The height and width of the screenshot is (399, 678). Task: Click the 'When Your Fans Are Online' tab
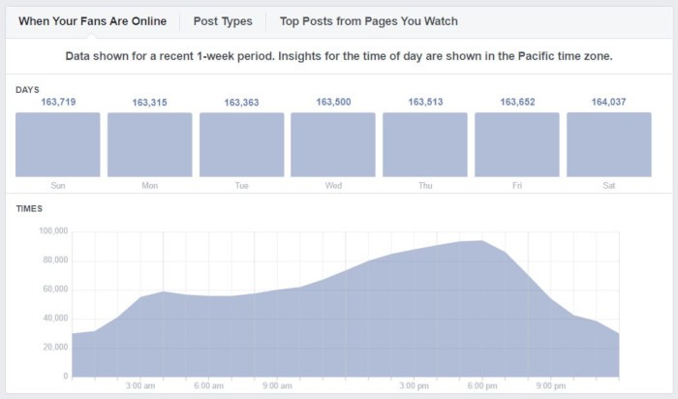click(x=92, y=20)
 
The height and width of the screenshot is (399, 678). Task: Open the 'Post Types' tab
click(x=223, y=20)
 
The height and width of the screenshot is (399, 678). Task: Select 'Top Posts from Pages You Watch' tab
click(x=368, y=20)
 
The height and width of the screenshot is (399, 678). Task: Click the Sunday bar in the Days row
click(x=57, y=144)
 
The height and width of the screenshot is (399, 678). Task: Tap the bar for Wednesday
click(x=333, y=144)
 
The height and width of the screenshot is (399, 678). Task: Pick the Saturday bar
click(x=608, y=144)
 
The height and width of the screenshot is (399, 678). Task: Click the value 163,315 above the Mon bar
click(x=149, y=102)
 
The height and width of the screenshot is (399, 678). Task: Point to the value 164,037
click(x=608, y=102)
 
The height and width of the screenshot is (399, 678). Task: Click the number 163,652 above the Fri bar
click(x=516, y=102)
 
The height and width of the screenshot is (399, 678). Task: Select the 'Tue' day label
click(x=241, y=185)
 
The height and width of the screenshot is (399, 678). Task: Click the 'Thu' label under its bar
click(x=424, y=185)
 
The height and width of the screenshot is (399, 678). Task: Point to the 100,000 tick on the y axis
click(x=52, y=231)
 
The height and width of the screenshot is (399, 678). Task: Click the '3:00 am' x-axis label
click(x=141, y=385)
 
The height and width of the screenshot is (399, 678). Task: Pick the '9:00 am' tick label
click(x=278, y=385)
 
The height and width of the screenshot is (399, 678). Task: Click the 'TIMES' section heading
click(x=29, y=208)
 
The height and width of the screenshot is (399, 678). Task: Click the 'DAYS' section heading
click(x=28, y=89)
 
